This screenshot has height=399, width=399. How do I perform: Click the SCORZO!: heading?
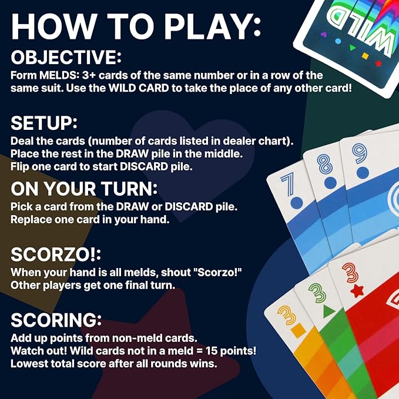tap(56, 256)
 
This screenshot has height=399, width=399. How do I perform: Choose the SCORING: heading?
tap(56, 321)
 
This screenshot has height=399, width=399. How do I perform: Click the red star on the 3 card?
tap(356, 290)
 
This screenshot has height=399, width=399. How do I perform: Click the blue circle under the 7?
tap(296, 203)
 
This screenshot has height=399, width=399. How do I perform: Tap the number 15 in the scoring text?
tap(213, 351)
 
